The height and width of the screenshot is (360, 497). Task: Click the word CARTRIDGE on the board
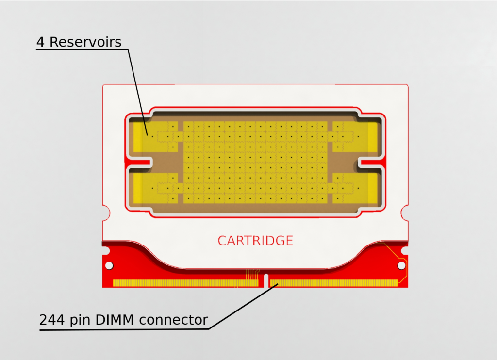(x=255, y=241)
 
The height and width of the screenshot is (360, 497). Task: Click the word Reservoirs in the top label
(x=85, y=42)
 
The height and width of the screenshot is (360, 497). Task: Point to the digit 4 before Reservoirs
(x=41, y=42)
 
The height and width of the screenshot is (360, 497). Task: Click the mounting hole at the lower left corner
(x=109, y=265)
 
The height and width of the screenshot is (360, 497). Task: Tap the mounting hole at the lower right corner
(x=401, y=265)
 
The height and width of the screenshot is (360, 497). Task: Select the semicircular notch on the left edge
(x=104, y=212)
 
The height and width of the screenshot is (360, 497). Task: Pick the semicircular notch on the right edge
(x=406, y=212)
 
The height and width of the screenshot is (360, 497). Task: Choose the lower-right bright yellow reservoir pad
(x=372, y=189)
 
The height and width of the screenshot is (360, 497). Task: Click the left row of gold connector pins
(x=185, y=283)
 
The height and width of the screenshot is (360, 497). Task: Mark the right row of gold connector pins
(x=333, y=283)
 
